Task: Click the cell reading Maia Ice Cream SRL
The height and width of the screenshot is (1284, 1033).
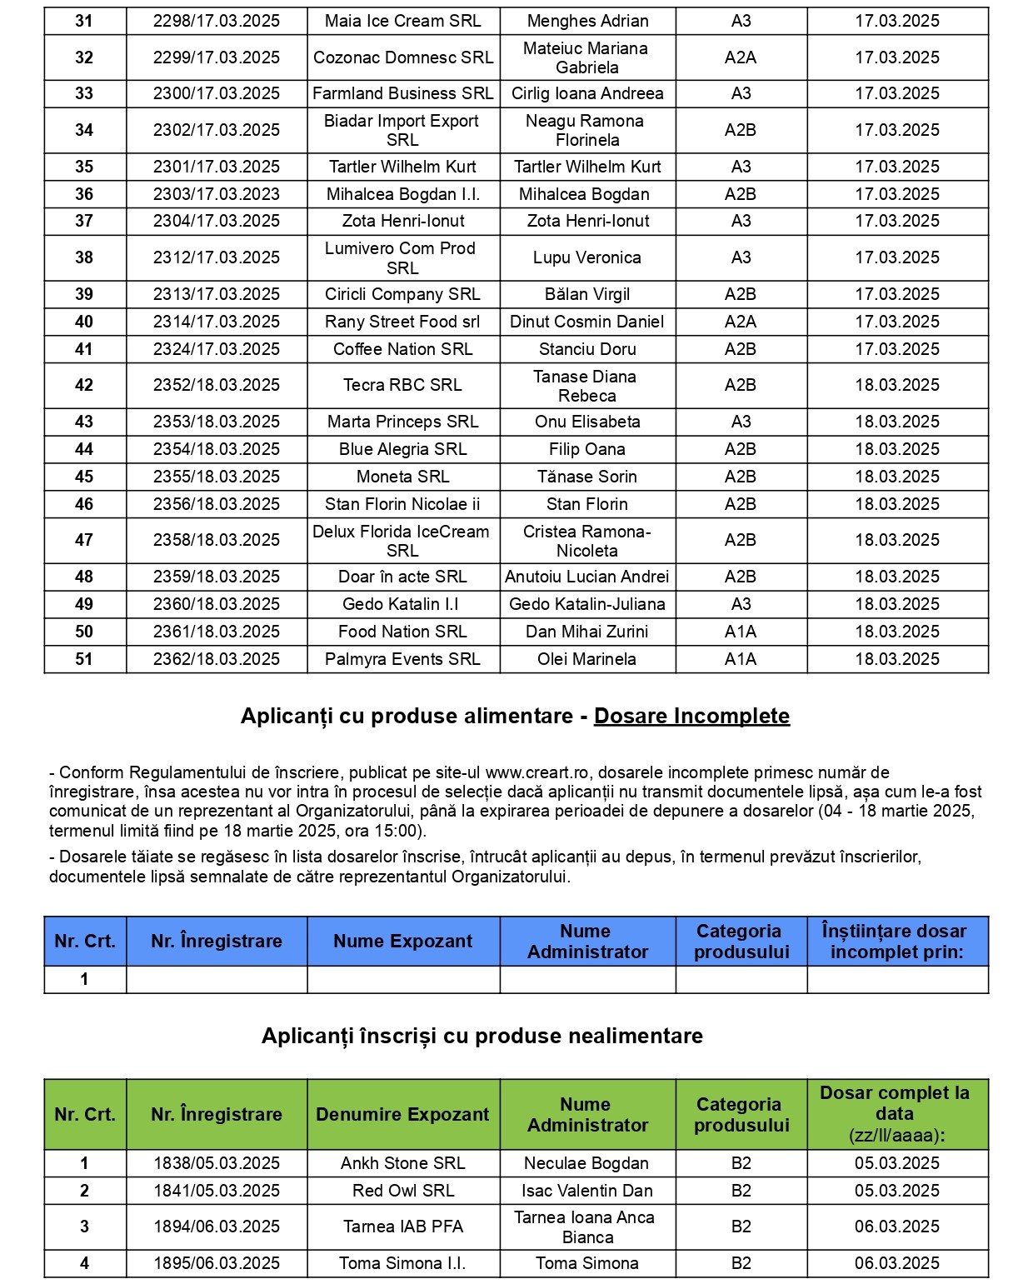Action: pyautogui.click(x=402, y=21)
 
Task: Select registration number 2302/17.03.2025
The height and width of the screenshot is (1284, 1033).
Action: pyautogui.click(x=217, y=130)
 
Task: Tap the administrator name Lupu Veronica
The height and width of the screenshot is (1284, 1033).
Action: pyautogui.click(x=586, y=257)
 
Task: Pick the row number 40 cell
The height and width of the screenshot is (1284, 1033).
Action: pyautogui.click(x=84, y=322)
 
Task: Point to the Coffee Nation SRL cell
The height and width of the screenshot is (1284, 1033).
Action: pyautogui.click(x=402, y=349)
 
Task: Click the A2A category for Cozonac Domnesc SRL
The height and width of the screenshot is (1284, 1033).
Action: pyautogui.click(x=741, y=57)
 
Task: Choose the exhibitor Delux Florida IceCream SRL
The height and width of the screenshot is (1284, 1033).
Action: pyautogui.click(x=402, y=541)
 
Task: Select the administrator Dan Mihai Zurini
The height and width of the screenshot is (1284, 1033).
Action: pyautogui.click(x=586, y=632)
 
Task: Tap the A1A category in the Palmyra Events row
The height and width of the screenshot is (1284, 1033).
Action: pyautogui.click(x=741, y=659)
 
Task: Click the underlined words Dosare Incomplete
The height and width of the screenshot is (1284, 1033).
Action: pyautogui.click(x=691, y=717)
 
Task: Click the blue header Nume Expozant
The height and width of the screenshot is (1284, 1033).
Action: pyautogui.click(x=402, y=942)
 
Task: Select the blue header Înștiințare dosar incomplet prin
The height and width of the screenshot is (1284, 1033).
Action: pyautogui.click(x=896, y=942)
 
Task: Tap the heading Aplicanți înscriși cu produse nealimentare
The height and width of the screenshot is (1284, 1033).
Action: pyautogui.click(x=482, y=1036)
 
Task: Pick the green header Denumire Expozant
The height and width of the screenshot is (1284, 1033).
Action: pyautogui.click(x=402, y=1115)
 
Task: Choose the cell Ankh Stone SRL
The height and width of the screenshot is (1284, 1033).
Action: pyautogui.click(x=402, y=1163)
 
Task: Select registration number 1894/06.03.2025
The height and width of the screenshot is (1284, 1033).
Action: pyautogui.click(x=217, y=1227)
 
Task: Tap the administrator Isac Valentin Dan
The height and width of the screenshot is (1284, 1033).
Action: pyautogui.click(x=586, y=1191)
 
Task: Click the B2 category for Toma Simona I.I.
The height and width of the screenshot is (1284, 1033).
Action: pyautogui.click(x=741, y=1263)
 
